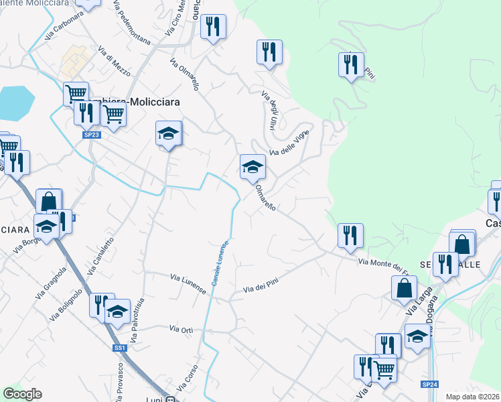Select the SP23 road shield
point(92,135)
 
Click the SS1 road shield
point(119,348)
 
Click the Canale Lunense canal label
point(222,265)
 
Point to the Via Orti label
point(182,330)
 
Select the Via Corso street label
point(188,379)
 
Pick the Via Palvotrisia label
point(137,321)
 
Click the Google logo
point(22,394)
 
